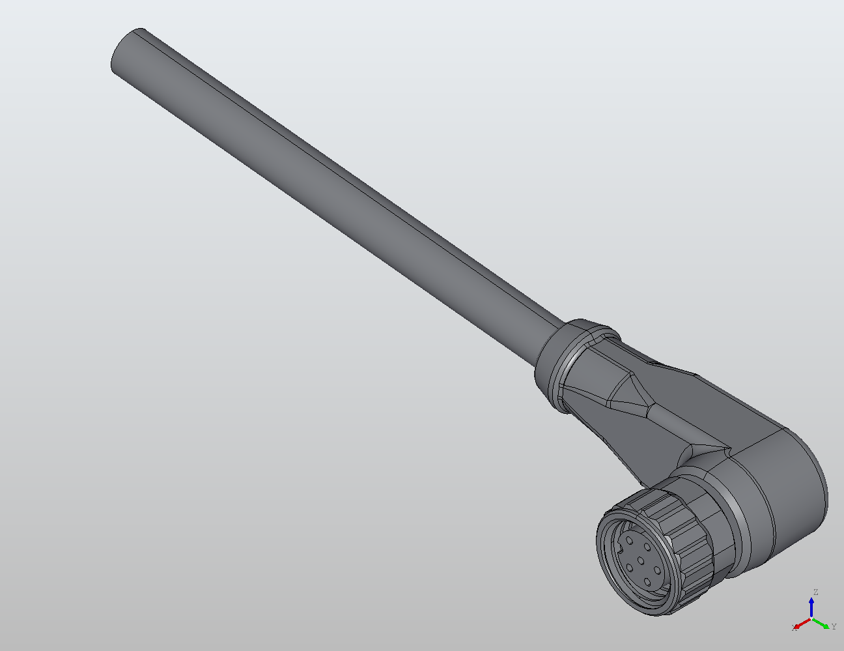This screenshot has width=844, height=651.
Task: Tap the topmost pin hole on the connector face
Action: [630, 541]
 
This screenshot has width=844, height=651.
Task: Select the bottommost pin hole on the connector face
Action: [647, 582]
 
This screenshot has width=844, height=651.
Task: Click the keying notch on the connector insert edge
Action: [620, 549]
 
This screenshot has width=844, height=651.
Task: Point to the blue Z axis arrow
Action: [811, 608]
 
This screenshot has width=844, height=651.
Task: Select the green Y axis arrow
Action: [821, 624]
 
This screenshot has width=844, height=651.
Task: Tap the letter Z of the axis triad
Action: [816, 592]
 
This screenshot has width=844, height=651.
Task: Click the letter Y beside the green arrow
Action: [834, 626]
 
